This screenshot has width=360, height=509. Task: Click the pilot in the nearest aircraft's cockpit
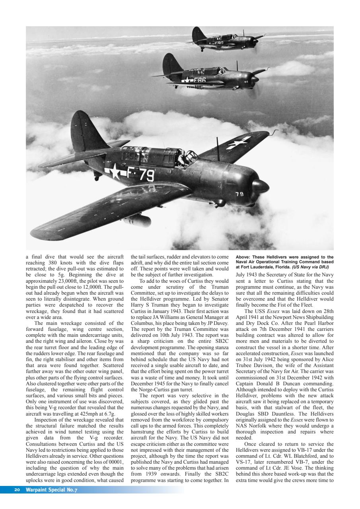click(182, 159)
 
